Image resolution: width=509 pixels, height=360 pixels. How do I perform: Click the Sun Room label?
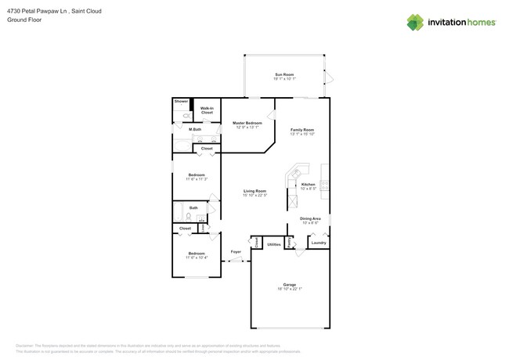tap(283, 74)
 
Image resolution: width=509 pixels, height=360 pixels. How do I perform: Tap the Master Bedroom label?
tap(247, 123)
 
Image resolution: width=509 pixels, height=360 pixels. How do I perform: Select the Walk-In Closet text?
tap(207, 110)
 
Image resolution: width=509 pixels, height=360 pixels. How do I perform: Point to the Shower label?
tap(181, 102)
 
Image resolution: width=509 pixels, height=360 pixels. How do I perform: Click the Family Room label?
tap(301, 129)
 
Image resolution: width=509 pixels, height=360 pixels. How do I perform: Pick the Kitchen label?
tap(309, 184)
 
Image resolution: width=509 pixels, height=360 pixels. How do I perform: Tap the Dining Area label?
tap(310, 218)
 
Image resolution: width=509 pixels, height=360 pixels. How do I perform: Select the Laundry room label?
tap(318, 243)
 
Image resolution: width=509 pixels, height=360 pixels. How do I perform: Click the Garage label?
tap(289, 284)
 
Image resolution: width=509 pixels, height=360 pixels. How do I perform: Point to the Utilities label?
tap(273, 244)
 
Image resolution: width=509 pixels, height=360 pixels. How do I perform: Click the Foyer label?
tap(235, 252)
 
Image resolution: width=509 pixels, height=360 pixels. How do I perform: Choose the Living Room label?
tap(254, 191)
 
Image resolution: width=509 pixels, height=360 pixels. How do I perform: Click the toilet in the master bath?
tap(178, 116)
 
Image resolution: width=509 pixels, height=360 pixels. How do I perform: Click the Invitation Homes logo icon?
tap(416, 22)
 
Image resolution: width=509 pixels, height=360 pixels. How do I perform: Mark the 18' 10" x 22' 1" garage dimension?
tap(289, 289)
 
